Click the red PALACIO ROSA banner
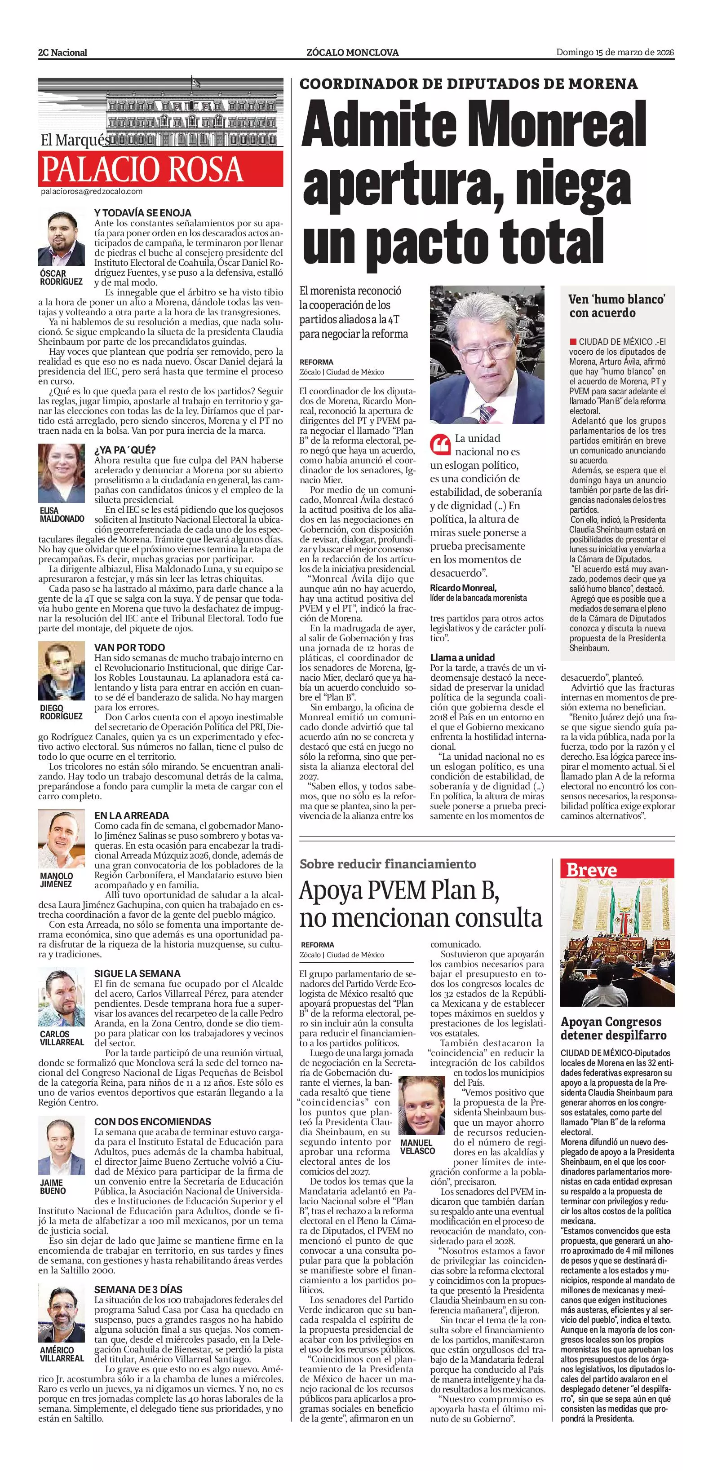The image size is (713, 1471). tap(160, 168)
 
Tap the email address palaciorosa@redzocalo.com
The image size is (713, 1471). tap(91, 192)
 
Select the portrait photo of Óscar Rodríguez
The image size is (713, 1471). tap(62, 238)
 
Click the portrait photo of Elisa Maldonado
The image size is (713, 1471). tap(62, 473)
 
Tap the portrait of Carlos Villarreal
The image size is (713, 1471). tap(62, 996)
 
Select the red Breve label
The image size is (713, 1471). tap(591, 870)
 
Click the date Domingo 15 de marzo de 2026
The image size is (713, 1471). tap(616, 53)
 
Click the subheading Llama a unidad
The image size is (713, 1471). tap(462, 657)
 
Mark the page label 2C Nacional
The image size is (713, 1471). tap(63, 53)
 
